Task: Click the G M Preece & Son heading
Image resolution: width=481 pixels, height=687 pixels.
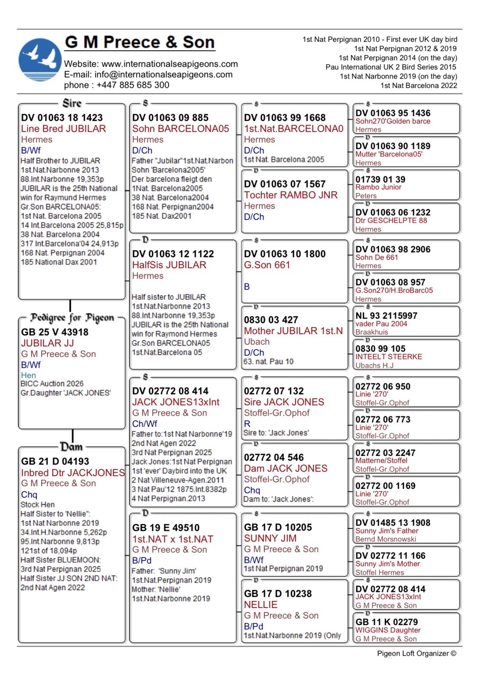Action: click(140, 42)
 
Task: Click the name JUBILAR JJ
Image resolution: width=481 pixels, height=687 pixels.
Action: click(47, 343)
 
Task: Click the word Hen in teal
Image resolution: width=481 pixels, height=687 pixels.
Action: click(29, 375)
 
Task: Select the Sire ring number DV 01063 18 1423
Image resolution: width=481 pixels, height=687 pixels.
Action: click(62, 118)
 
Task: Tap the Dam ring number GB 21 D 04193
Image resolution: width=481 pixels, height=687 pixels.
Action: click(55, 462)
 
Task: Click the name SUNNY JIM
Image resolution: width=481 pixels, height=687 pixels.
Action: click(270, 538)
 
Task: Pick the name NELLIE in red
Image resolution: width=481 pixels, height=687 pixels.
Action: click(261, 605)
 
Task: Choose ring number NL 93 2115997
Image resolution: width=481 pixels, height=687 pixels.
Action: click(387, 316)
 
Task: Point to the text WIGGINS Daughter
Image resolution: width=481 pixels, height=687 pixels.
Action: click(388, 630)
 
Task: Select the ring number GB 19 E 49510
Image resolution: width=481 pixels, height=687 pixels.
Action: click(166, 528)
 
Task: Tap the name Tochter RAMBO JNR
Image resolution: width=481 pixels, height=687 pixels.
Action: click(291, 195)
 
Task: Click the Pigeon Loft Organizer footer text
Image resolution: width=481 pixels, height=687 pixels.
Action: click(416, 654)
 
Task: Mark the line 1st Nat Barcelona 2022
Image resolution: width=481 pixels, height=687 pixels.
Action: click(419, 86)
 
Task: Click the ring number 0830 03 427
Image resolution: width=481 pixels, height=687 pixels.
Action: click(271, 320)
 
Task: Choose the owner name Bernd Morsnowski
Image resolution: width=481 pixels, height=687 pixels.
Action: click(386, 539)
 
